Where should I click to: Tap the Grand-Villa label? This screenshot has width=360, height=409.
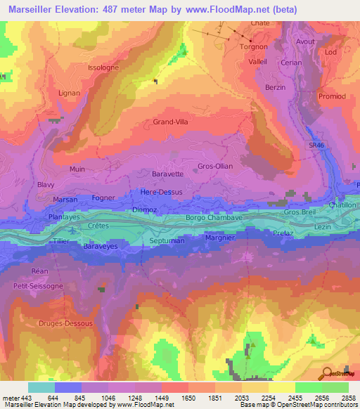tap(171, 122)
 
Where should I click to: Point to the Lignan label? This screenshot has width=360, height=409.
tap(69, 93)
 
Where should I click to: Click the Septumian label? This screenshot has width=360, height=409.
tap(167, 241)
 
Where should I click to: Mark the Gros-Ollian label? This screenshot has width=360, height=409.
tap(215, 167)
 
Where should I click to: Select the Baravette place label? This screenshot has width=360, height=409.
tap(167, 174)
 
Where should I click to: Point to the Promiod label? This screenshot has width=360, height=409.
tap(332, 96)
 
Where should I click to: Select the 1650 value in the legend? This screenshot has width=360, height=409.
tap(188, 397)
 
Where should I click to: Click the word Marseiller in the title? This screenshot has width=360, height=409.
tap(34, 9)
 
